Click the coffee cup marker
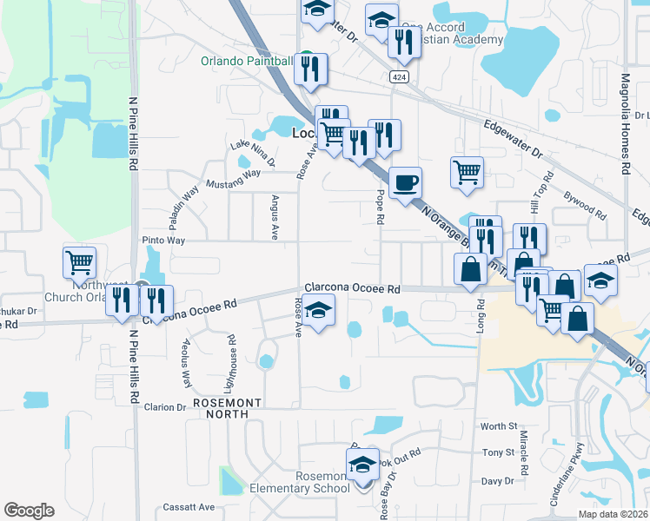pyautogui.click(x=405, y=183)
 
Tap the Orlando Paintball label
pyautogui.click(x=247, y=61)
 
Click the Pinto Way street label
pyautogui.click(x=163, y=240)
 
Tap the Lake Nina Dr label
pyautogui.click(x=252, y=153)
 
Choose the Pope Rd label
pyautogui.click(x=380, y=208)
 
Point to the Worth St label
pyautogui.click(x=499, y=426)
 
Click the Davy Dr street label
pyautogui.click(x=498, y=480)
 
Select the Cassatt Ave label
pyautogui.click(x=189, y=507)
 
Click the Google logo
pyautogui.click(x=29, y=511)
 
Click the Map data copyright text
pyautogui.click(x=613, y=514)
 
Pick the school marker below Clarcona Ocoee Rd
pyautogui.click(x=319, y=311)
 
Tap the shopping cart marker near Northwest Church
pyautogui.click(x=79, y=261)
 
